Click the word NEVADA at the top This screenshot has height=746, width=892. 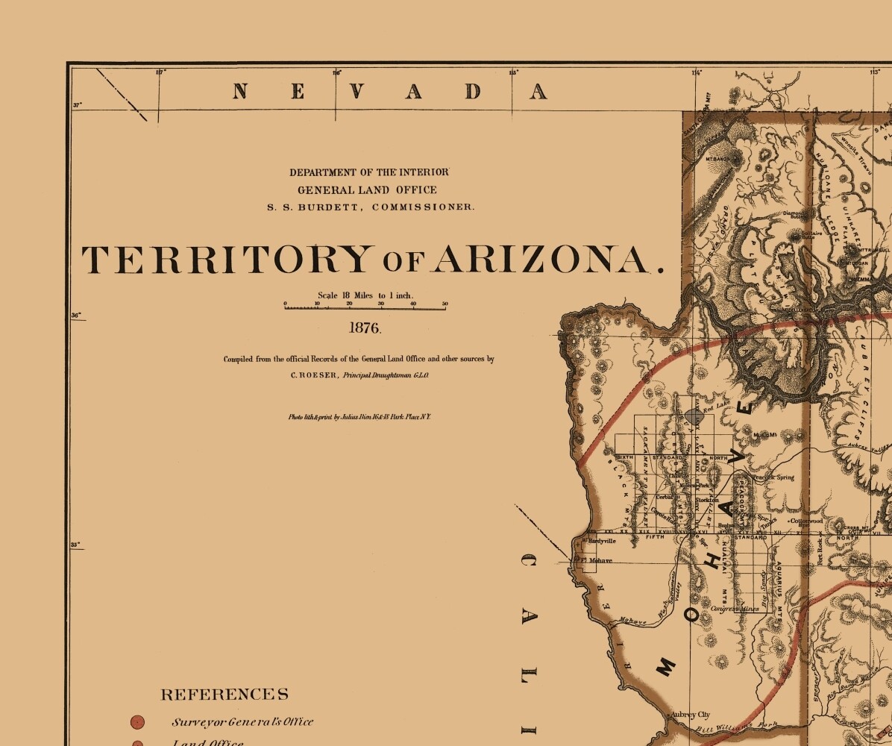click(389, 92)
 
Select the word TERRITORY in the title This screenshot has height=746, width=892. click(225, 260)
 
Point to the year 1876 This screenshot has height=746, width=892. click(365, 327)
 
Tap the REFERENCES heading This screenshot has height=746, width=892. click(224, 695)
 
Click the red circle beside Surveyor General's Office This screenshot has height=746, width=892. click(137, 721)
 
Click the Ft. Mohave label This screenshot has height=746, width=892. click(598, 560)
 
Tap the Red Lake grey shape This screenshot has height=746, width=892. click(694, 415)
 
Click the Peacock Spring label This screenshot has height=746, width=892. click(773, 477)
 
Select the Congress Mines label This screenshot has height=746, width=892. click(735, 609)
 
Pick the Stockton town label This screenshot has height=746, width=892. click(707, 500)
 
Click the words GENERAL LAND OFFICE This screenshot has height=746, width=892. click(367, 189)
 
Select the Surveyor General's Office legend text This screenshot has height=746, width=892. click(242, 721)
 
